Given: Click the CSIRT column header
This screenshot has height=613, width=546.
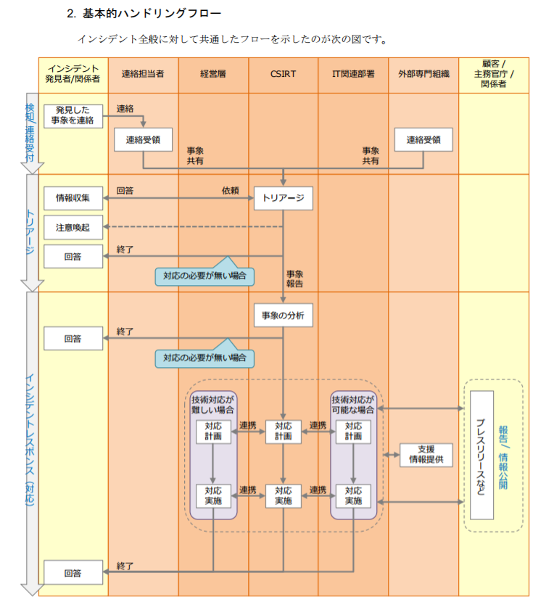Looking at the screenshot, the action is [283, 74].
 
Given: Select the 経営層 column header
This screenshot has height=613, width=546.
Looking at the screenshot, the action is [213, 74].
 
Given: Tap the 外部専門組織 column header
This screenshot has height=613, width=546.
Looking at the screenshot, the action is [423, 74].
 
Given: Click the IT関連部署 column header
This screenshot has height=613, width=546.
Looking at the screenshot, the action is [353, 74].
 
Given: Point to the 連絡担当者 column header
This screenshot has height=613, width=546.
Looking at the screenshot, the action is [143, 74].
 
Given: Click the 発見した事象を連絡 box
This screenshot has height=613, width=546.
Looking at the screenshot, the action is [73, 116].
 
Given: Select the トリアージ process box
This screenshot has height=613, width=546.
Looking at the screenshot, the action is [284, 198].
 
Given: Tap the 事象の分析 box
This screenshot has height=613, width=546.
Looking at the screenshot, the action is [284, 315].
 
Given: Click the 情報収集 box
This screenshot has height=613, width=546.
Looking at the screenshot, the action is [73, 198].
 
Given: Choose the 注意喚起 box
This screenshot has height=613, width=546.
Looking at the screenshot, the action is [73, 227].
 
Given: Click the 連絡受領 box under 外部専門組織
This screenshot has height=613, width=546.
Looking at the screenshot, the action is [423, 139].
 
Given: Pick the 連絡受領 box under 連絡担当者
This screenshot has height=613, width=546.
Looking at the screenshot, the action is [143, 139].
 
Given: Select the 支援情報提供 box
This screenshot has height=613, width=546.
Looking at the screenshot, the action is [426, 455].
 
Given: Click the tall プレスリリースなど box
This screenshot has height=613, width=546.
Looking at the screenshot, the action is [482, 455].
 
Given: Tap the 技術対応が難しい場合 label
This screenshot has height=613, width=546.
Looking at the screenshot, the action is [212, 405].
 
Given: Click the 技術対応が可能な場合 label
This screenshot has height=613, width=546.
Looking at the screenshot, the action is [353, 405].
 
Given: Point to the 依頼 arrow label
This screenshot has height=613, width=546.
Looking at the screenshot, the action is [230, 190].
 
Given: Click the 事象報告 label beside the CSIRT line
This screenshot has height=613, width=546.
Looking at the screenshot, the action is [294, 279].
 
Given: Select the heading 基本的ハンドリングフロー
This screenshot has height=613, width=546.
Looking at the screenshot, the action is [152, 14].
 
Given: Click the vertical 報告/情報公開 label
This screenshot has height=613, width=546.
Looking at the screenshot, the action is [503, 458].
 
